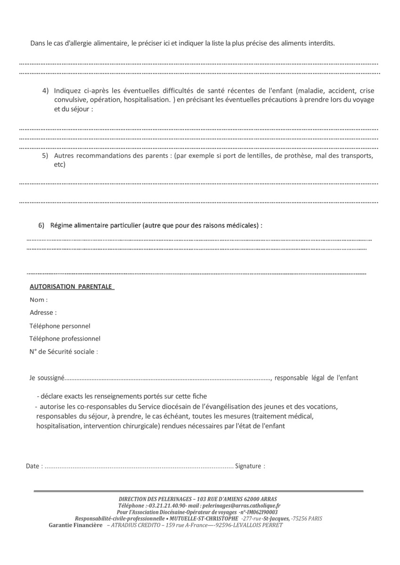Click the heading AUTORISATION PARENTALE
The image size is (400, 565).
point(71,286)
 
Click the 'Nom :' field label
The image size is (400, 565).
point(39,300)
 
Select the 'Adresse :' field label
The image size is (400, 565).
point(43,312)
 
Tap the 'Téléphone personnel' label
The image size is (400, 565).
point(60,326)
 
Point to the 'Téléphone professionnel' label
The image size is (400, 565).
point(65,339)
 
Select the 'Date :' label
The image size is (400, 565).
point(34,466)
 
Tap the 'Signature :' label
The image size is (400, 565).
point(250,466)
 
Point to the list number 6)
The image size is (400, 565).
point(41,226)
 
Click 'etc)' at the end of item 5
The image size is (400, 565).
point(59,165)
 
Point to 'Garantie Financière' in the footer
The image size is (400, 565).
point(75,525)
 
